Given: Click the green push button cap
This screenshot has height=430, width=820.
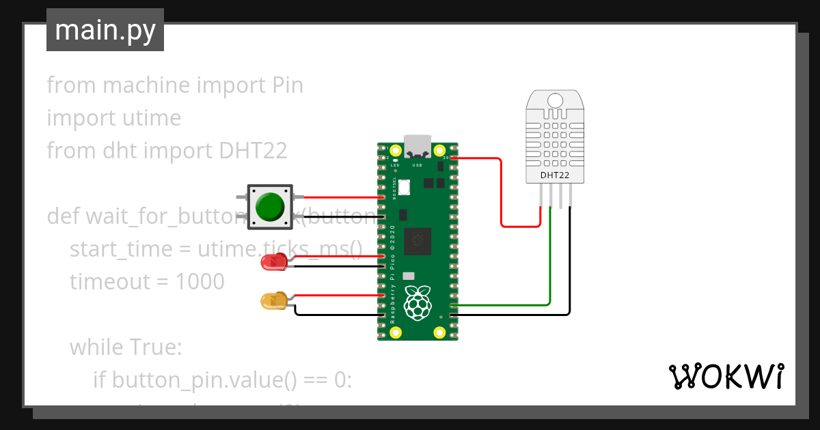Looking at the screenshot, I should point(269,207).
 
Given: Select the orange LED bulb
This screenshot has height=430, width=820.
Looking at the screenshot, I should point(273,300).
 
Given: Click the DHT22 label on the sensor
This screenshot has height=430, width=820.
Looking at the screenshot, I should point(555,175).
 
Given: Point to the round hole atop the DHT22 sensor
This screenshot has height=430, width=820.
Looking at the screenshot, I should point(555,100).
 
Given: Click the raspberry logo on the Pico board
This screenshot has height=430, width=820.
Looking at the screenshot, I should point(418,303).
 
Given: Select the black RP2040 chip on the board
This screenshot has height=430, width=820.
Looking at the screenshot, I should point(417,241).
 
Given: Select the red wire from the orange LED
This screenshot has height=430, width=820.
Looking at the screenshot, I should point(335,296).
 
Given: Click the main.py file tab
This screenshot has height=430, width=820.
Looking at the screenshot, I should point(105,30).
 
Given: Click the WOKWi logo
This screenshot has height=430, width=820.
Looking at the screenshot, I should point(725,376).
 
